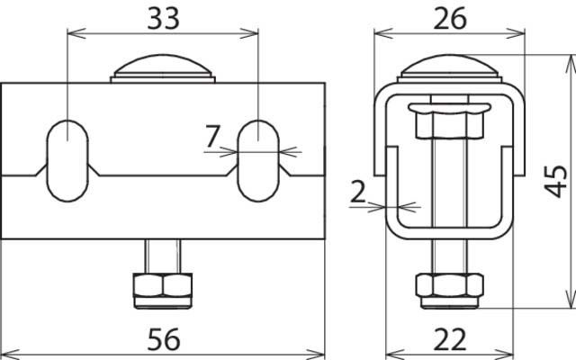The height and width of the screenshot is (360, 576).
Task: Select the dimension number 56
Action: point(163,338)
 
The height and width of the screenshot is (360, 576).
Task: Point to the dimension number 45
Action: point(557,181)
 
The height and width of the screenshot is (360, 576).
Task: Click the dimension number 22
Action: point(449,338)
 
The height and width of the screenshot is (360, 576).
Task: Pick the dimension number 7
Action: point(212,138)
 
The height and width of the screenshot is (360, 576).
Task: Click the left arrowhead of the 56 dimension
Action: point(6,350)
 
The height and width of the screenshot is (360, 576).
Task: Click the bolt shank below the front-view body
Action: point(163,255)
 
